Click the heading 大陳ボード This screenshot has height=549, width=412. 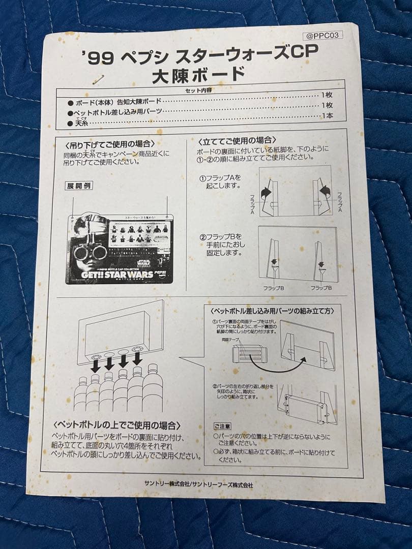[x=198, y=75]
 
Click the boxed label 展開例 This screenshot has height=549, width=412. [x=79, y=186]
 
